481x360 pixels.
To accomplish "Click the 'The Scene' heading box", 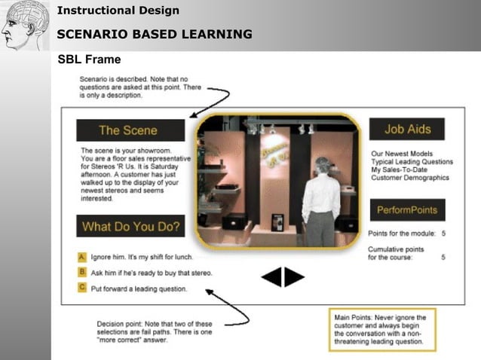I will pyautogui.click(x=130, y=130).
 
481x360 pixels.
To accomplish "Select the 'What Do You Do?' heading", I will pyautogui.click(x=130, y=226).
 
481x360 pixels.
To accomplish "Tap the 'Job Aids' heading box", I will pyautogui.click(x=407, y=129).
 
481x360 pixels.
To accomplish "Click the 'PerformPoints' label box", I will pyautogui.click(x=407, y=209).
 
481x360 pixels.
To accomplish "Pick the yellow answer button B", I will pyautogui.click(x=81, y=272).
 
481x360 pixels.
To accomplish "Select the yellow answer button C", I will pyautogui.click(x=81, y=287).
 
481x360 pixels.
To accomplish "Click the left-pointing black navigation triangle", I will pyautogui.click(x=271, y=277).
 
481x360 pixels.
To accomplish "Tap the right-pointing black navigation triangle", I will pyautogui.click(x=294, y=277).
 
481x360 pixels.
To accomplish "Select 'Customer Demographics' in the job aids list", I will pyautogui.click(x=409, y=178).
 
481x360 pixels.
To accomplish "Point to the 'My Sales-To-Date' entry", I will pyautogui.click(x=398, y=170).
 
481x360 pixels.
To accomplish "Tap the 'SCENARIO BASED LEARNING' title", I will pyautogui.click(x=155, y=34).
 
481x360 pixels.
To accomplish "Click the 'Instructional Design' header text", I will pyautogui.click(x=118, y=11).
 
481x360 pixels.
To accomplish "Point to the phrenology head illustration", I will pyautogui.click(x=23, y=24).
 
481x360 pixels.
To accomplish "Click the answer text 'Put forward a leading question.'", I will pyautogui.click(x=139, y=288).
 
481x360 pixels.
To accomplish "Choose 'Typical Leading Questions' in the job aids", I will pyautogui.click(x=412, y=162).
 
